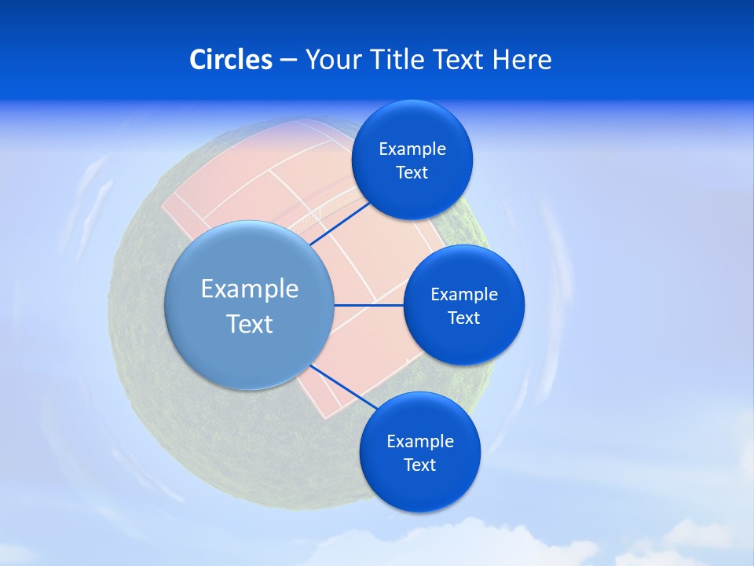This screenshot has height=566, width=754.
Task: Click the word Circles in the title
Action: pos(230,60)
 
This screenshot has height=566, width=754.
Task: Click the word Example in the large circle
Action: pos(250,289)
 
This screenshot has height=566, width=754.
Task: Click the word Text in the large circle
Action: pos(250,324)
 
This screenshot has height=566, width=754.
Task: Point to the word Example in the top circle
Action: pos(412,149)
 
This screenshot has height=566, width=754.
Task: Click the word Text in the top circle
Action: pos(412,172)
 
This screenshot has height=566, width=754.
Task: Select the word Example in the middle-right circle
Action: pos(463,294)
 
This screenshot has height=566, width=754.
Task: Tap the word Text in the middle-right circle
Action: pos(463,318)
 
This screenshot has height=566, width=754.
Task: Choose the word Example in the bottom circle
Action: pos(419,441)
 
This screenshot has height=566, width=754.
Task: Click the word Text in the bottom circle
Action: pos(419,465)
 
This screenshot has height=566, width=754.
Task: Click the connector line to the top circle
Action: pos(341,223)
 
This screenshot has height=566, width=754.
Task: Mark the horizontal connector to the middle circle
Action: pos(368,305)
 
